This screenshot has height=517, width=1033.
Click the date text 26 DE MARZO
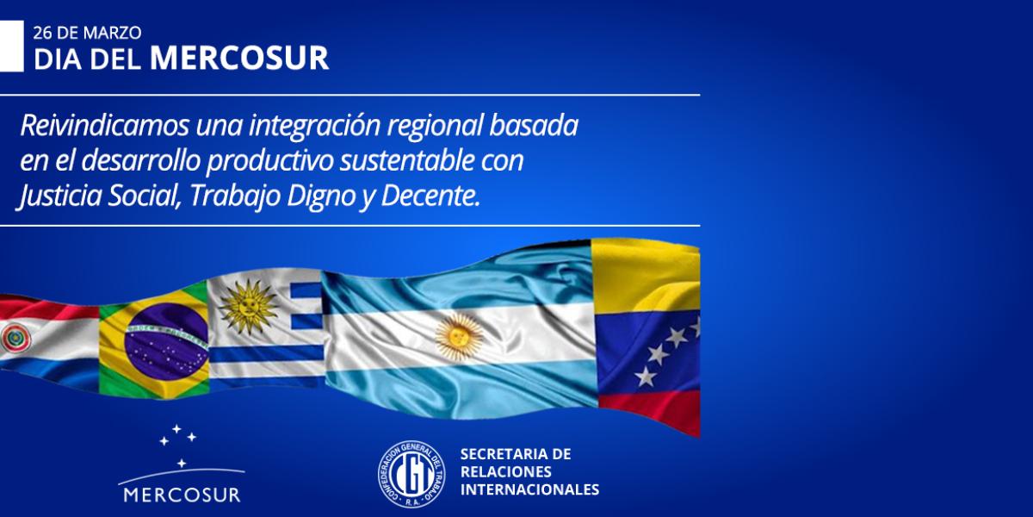click(x=87, y=33)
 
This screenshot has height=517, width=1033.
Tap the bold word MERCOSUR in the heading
click(x=239, y=59)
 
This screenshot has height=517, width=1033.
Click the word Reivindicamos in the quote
click(x=105, y=126)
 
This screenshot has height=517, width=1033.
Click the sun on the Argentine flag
click(x=460, y=338)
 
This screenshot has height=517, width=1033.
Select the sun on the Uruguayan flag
click(x=248, y=306)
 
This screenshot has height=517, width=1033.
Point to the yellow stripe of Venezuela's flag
click(x=646, y=277)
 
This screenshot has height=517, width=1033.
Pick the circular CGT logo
click(x=411, y=474)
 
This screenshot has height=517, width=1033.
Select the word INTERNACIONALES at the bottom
click(x=530, y=489)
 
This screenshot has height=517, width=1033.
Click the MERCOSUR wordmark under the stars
click(x=182, y=495)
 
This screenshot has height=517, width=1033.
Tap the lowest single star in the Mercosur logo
click(x=182, y=463)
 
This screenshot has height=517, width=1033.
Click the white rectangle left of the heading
click(x=11, y=47)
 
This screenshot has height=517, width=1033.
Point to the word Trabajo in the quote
click(x=235, y=196)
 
